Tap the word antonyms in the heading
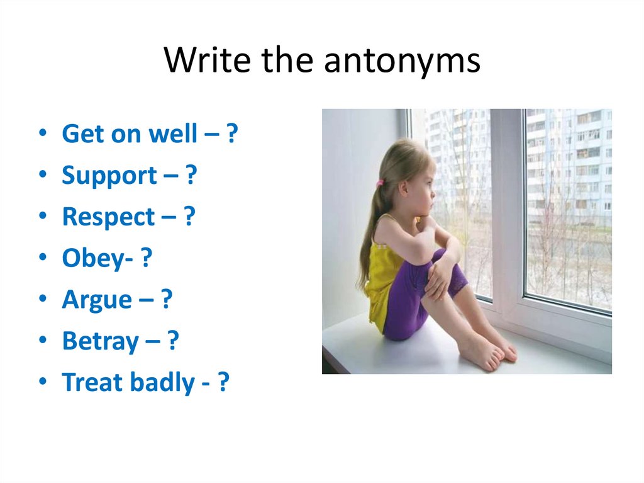[402, 61]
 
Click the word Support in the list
[109, 176]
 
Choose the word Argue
[97, 300]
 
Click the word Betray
[101, 341]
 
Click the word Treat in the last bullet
[92, 382]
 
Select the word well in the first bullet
[174, 134]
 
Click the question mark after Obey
[147, 258]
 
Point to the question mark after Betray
[173, 341]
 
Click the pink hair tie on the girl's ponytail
[380, 184]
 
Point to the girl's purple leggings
[409, 302]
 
